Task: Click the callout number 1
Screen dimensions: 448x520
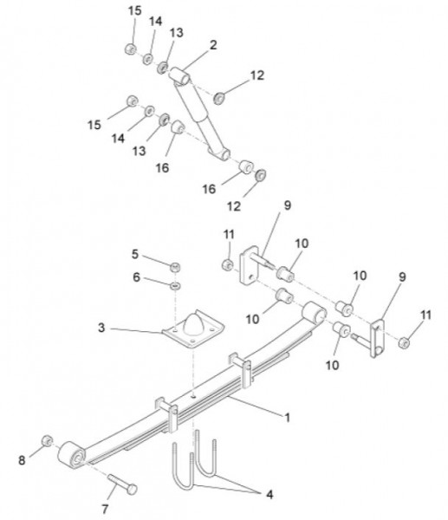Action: click(x=288, y=417)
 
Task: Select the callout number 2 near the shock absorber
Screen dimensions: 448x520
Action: click(x=213, y=45)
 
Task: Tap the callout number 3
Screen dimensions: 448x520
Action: click(x=101, y=328)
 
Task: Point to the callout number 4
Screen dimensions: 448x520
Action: click(x=270, y=495)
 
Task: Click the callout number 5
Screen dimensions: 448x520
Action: click(x=134, y=254)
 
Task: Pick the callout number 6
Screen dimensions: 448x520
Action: click(x=136, y=277)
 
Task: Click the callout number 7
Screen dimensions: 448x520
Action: click(x=105, y=509)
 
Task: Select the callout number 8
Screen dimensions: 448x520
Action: click(x=22, y=460)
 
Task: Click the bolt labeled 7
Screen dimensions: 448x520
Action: click(x=122, y=484)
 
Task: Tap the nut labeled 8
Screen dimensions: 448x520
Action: click(x=47, y=441)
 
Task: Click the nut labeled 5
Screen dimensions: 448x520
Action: click(x=175, y=267)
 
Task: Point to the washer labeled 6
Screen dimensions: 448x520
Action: click(x=175, y=285)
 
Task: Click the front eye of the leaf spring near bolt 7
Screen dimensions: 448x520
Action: click(x=72, y=455)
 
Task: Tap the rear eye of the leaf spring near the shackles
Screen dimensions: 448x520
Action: click(x=314, y=311)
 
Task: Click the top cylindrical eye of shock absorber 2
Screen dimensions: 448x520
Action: click(x=179, y=76)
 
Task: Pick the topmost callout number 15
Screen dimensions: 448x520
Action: click(x=135, y=10)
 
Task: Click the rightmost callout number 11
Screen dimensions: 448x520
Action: click(x=425, y=315)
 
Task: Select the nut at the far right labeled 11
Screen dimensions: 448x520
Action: click(x=404, y=342)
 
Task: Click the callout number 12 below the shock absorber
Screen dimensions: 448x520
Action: click(x=234, y=206)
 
